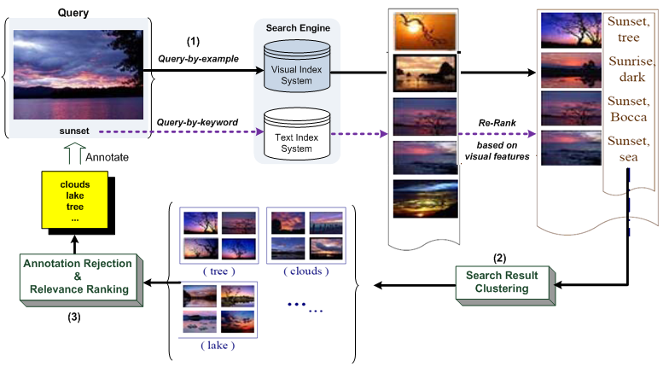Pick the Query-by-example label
tap(200, 57)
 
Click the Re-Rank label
tap(496, 124)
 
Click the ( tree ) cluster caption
tap(218, 270)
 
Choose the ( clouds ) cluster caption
tap(305, 270)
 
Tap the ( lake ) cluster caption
tap(218, 345)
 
